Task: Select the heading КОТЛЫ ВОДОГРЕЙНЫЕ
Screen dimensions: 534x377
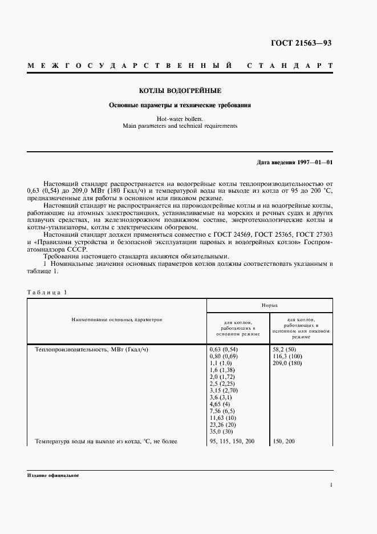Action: [x=180, y=91]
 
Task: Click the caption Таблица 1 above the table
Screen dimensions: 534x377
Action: [x=47, y=292]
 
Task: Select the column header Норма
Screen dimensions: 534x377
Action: [x=270, y=306]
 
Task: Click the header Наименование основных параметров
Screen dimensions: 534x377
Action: [x=117, y=320]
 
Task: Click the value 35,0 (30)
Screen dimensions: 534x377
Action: [x=224, y=432]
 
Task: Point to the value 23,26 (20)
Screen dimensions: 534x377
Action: [x=225, y=425]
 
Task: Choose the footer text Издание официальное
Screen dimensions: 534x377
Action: [x=52, y=475]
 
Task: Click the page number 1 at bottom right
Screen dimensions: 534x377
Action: [x=331, y=485]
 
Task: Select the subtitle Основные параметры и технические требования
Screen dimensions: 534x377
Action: [x=180, y=105]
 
